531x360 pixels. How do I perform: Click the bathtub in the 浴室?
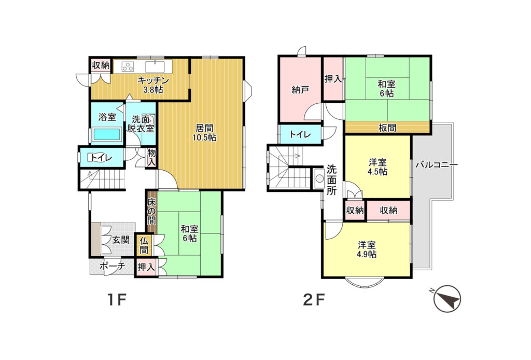[x=107, y=134]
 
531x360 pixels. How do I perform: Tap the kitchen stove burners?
[x=129, y=66]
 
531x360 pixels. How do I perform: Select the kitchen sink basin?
[x=155, y=67]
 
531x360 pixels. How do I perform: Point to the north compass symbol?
[x=448, y=298]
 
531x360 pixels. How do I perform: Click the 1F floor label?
[x=117, y=299]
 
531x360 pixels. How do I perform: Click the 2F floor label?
[x=314, y=299]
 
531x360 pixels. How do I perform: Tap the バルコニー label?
[x=437, y=165]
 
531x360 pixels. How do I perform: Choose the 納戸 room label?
[x=300, y=90]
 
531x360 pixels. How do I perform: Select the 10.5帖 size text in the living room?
[x=204, y=137]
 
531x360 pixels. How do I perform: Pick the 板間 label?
[x=387, y=128]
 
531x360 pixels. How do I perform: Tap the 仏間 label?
[x=144, y=245]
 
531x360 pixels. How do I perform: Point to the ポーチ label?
[x=113, y=266]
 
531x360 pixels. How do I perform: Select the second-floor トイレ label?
[x=300, y=134]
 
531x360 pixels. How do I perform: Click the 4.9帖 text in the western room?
[x=367, y=254]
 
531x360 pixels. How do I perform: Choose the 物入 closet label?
[x=151, y=158]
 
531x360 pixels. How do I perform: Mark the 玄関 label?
[x=121, y=240]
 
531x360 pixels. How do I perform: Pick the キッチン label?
[x=153, y=80]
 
